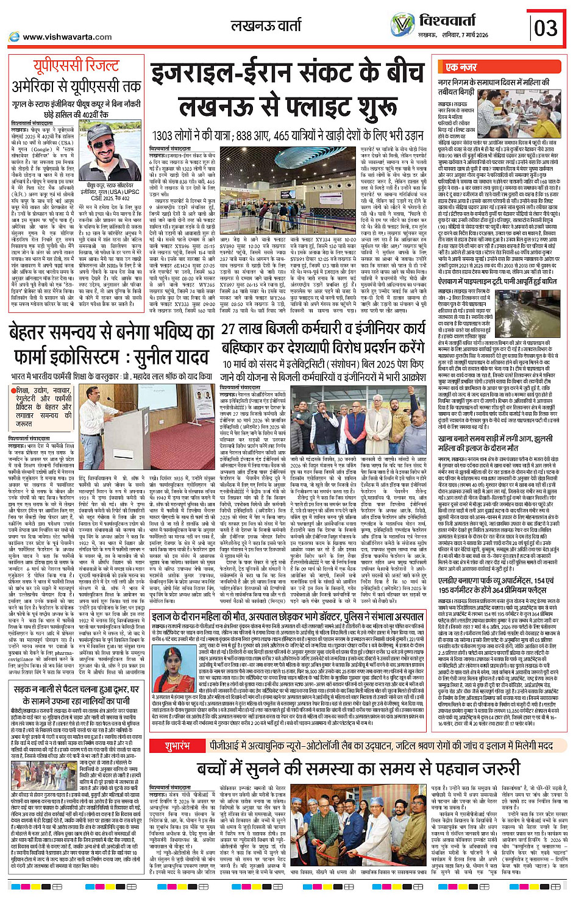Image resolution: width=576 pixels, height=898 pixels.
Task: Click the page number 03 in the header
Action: [546, 28]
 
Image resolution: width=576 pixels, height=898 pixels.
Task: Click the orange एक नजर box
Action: [461, 67]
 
